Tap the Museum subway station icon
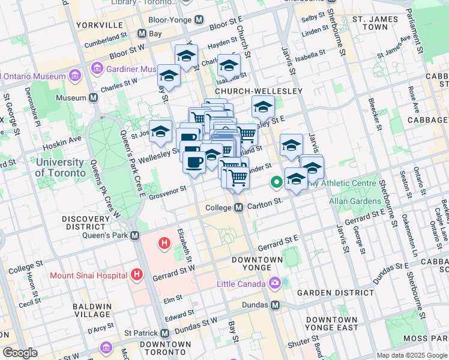tap(94, 98)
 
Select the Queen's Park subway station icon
tap(135, 236)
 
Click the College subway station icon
tap(238, 208)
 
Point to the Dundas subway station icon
tap(275, 305)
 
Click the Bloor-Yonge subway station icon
tap(199, 19)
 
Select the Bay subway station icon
tap(141, 34)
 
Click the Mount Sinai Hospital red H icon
tap(137, 275)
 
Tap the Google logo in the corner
tap(20, 353)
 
